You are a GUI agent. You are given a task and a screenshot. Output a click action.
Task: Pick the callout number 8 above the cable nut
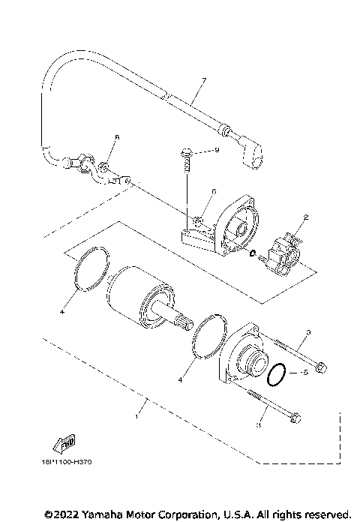click(x=117, y=138)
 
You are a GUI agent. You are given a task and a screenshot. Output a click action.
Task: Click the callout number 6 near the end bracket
click(x=213, y=192)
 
